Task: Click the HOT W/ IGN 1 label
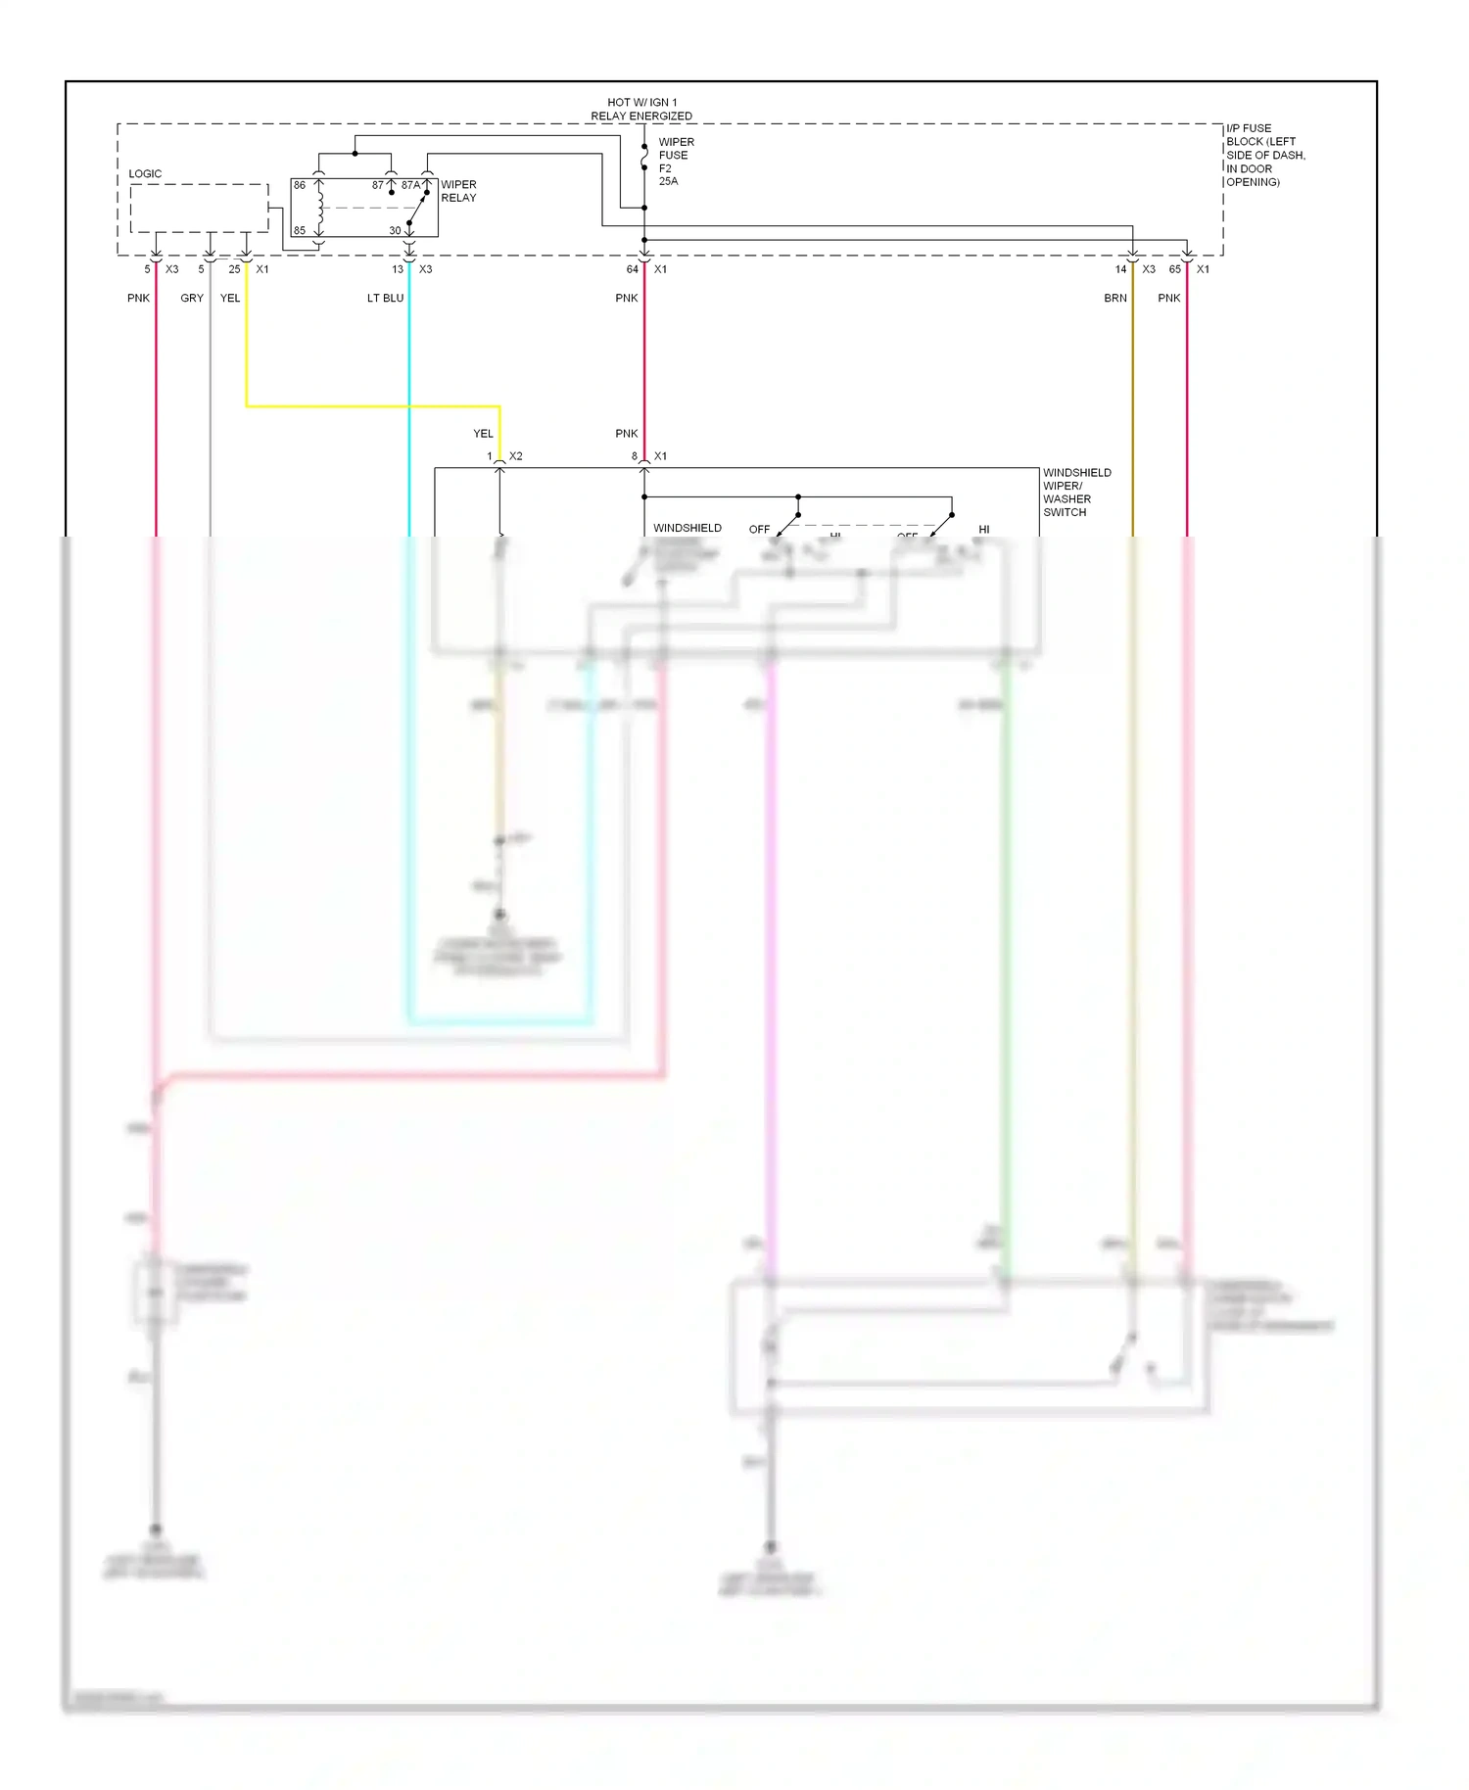[x=641, y=102]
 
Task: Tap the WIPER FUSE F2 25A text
[x=675, y=162]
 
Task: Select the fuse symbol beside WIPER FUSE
[x=644, y=156]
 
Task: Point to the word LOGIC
[x=145, y=174]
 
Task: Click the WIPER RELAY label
[x=458, y=191]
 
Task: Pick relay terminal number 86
[x=300, y=185]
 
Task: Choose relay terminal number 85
[x=300, y=231]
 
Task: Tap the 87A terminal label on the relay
[x=410, y=185]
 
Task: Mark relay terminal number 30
[x=395, y=231]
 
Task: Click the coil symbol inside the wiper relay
[x=319, y=207]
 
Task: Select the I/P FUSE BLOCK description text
[x=1264, y=155]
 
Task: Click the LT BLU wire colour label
[x=385, y=299]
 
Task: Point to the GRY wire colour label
[x=192, y=299]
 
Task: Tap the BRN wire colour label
[x=1115, y=299]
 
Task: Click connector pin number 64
[x=633, y=269]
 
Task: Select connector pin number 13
[x=398, y=269]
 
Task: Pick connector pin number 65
[x=1175, y=269]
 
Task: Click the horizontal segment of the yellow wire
[x=372, y=405]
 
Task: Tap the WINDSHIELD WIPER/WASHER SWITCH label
[x=1076, y=493]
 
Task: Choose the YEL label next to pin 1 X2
[x=484, y=434]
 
